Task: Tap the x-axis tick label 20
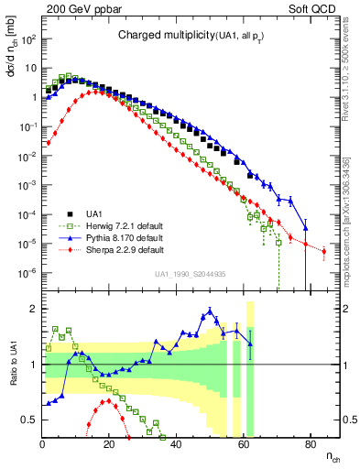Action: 109,444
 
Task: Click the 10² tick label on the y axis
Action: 29,39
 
